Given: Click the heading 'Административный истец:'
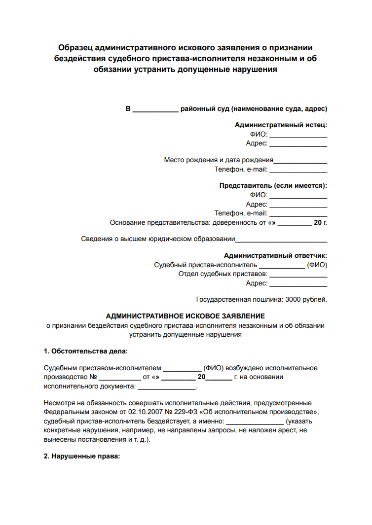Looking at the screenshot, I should coord(281,125).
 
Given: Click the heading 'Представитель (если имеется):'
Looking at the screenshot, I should coord(273,186).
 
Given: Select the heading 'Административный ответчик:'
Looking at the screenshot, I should coord(275,255).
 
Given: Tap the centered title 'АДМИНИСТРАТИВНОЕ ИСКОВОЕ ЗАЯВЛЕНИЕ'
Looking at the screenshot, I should coord(186,316).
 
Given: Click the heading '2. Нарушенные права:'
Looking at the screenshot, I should coord(82,456).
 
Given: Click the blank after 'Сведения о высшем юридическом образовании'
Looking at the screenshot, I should coord(281,241).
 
